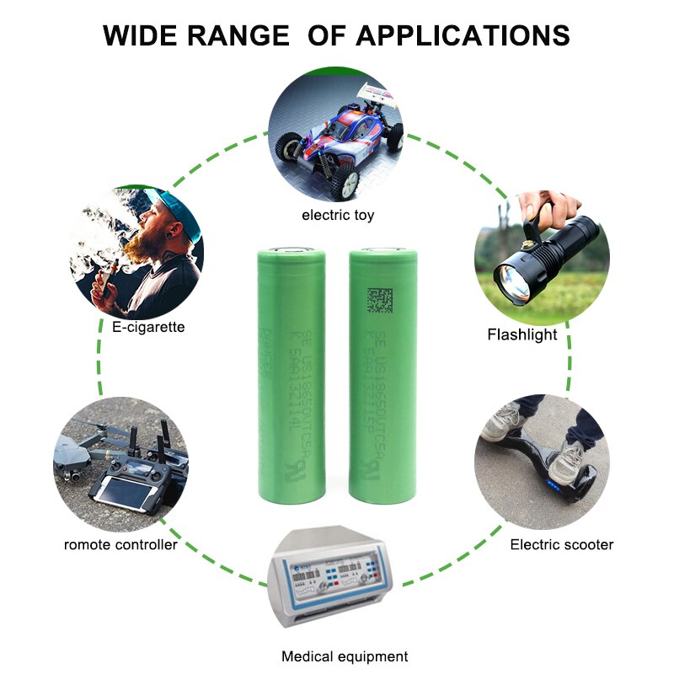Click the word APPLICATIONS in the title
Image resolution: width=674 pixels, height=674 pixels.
click(463, 35)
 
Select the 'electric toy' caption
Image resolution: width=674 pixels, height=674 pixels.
click(338, 216)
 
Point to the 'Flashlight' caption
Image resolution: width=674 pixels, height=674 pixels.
click(522, 334)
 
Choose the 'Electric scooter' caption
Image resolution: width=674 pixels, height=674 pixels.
click(562, 544)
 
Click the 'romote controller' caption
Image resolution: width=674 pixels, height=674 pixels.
click(120, 544)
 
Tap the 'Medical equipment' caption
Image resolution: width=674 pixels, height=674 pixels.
click(345, 656)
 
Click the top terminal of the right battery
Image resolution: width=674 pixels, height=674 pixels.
click(383, 250)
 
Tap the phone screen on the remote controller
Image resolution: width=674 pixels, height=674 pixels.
click(120, 489)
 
